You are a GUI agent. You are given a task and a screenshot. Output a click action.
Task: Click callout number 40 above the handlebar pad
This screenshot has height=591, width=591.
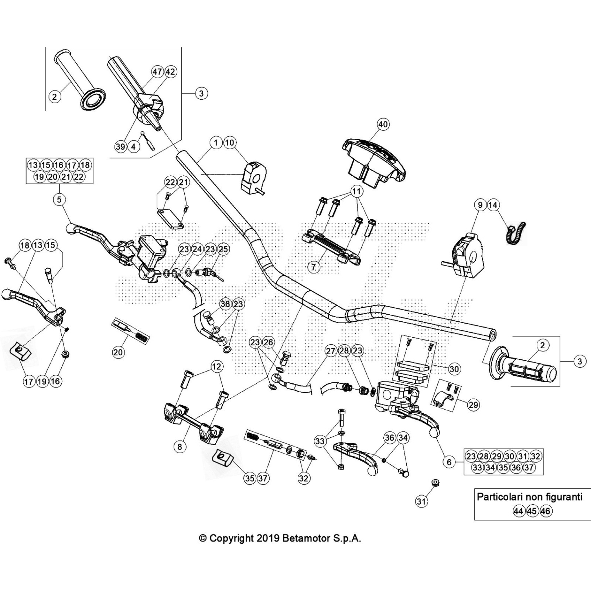pyautogui.click(x=383, y=124)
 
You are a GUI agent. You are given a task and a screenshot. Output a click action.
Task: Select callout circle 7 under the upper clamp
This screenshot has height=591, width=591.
pyautogui.click(x=314, y=267)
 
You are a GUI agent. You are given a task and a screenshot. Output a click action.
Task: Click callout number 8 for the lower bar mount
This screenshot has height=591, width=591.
pyautogui.click(x=180, y=447)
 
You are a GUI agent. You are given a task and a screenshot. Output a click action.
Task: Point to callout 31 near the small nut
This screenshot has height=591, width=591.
pyautogui.click(x=421, y=501)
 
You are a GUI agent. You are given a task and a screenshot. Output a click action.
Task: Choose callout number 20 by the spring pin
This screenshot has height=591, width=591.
pyautogui.click(x=118, y=352)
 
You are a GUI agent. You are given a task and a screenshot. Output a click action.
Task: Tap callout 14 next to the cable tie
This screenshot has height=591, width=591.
pyautogui.click(x=493, y=205)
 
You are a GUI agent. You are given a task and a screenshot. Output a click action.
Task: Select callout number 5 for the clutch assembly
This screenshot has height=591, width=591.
pyautogui.click(x=59, y=199)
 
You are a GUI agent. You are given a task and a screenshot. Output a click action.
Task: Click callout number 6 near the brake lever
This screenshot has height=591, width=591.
pyautogui.click(x=449, y=462)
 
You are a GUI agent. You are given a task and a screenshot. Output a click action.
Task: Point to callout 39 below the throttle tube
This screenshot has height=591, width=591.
pyautogui.click(x=121, y=147)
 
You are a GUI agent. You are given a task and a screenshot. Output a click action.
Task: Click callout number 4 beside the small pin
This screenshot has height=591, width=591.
pyautogui.click(x=133, y=147)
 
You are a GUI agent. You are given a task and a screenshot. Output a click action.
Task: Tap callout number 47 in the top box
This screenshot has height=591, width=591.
pyautogui.click(x=158, y=71)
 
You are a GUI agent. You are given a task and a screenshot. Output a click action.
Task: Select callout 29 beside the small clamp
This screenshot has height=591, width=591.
pyautogui.click(x=473, y=405)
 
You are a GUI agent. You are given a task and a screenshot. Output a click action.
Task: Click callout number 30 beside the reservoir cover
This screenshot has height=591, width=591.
pyautogui.click(x=454, y=369)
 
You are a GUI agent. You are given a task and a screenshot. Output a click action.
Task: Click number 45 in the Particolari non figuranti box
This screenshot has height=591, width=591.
pyautogui.click(x=532, y=511)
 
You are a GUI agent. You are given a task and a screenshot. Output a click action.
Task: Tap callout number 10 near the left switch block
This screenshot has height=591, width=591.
pyautogui.click(x=229, y=143)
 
